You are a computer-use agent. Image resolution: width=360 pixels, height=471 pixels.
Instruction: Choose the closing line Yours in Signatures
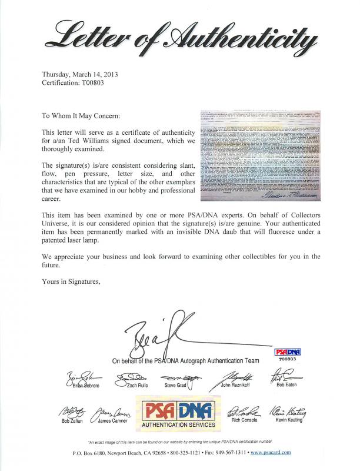pyautogui.click(x=71, y=282)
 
